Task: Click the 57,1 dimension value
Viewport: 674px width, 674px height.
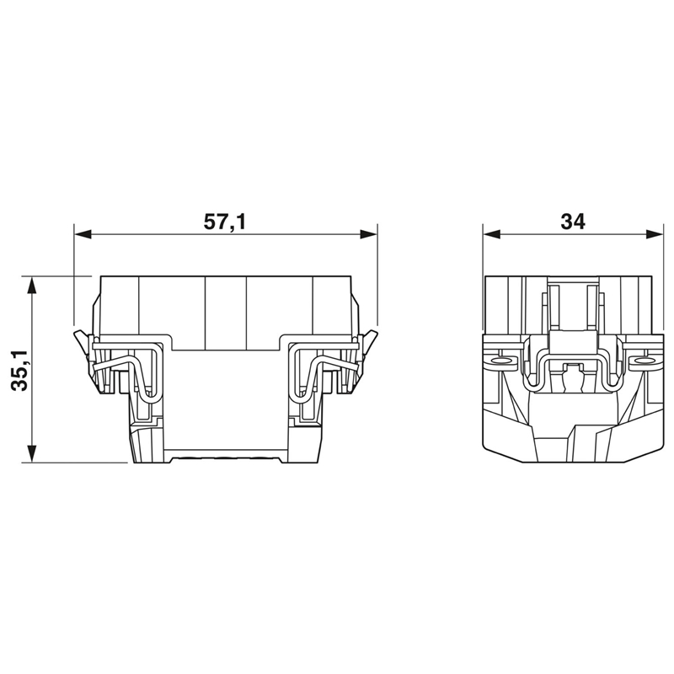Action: tap(224, 222)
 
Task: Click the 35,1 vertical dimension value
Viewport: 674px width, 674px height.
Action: tap(19, 370)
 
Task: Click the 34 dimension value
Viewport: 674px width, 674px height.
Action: tap(573, 222)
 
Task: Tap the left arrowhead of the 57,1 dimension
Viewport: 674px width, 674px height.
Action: tap(83, 235)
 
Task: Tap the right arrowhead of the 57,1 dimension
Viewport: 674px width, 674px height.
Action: tap(368, 235)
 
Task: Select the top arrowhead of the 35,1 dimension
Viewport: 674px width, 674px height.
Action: tap(31, 286)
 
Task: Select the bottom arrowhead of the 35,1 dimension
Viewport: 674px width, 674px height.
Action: tap(31, 453)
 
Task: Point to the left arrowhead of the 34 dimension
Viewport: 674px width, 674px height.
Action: tap(492, 235)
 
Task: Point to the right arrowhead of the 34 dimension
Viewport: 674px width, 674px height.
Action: tap(655, 235)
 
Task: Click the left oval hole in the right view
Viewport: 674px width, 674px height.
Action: tap(500, 361)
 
